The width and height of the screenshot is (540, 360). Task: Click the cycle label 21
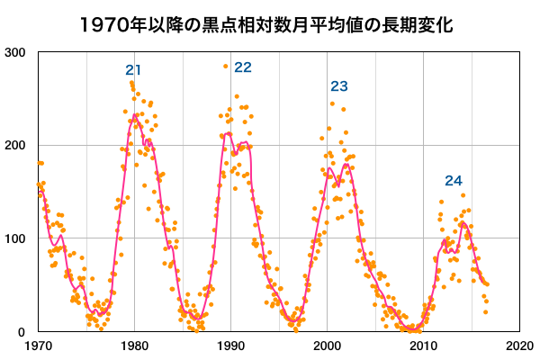tap(134, 70)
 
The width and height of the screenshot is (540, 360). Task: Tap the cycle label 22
tap(243, 67)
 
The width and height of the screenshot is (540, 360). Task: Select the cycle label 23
tap(339, 86)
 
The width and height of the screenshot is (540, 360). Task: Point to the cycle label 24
tap(453, 181)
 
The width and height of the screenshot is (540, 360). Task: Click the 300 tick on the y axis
tap(15, 52)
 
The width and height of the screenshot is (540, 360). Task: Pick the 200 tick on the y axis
tap(15, 146)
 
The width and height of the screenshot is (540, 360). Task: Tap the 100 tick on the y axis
tap(15, 239)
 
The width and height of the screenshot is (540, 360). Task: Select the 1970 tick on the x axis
tap(38, 345)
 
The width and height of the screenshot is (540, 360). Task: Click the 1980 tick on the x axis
tap(134, 345)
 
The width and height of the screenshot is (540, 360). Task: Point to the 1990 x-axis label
tap(230, 345)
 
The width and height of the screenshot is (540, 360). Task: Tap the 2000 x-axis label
tap(326, 345)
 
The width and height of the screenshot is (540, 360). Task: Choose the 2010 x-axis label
tap(422, 345)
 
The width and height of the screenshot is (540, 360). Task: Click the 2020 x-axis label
tap(517, 345)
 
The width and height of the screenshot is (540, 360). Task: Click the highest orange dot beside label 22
tap(226, 66)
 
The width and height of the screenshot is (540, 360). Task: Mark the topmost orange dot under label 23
tap(332, 103)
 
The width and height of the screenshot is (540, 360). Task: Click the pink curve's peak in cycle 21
tap(135, 114)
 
